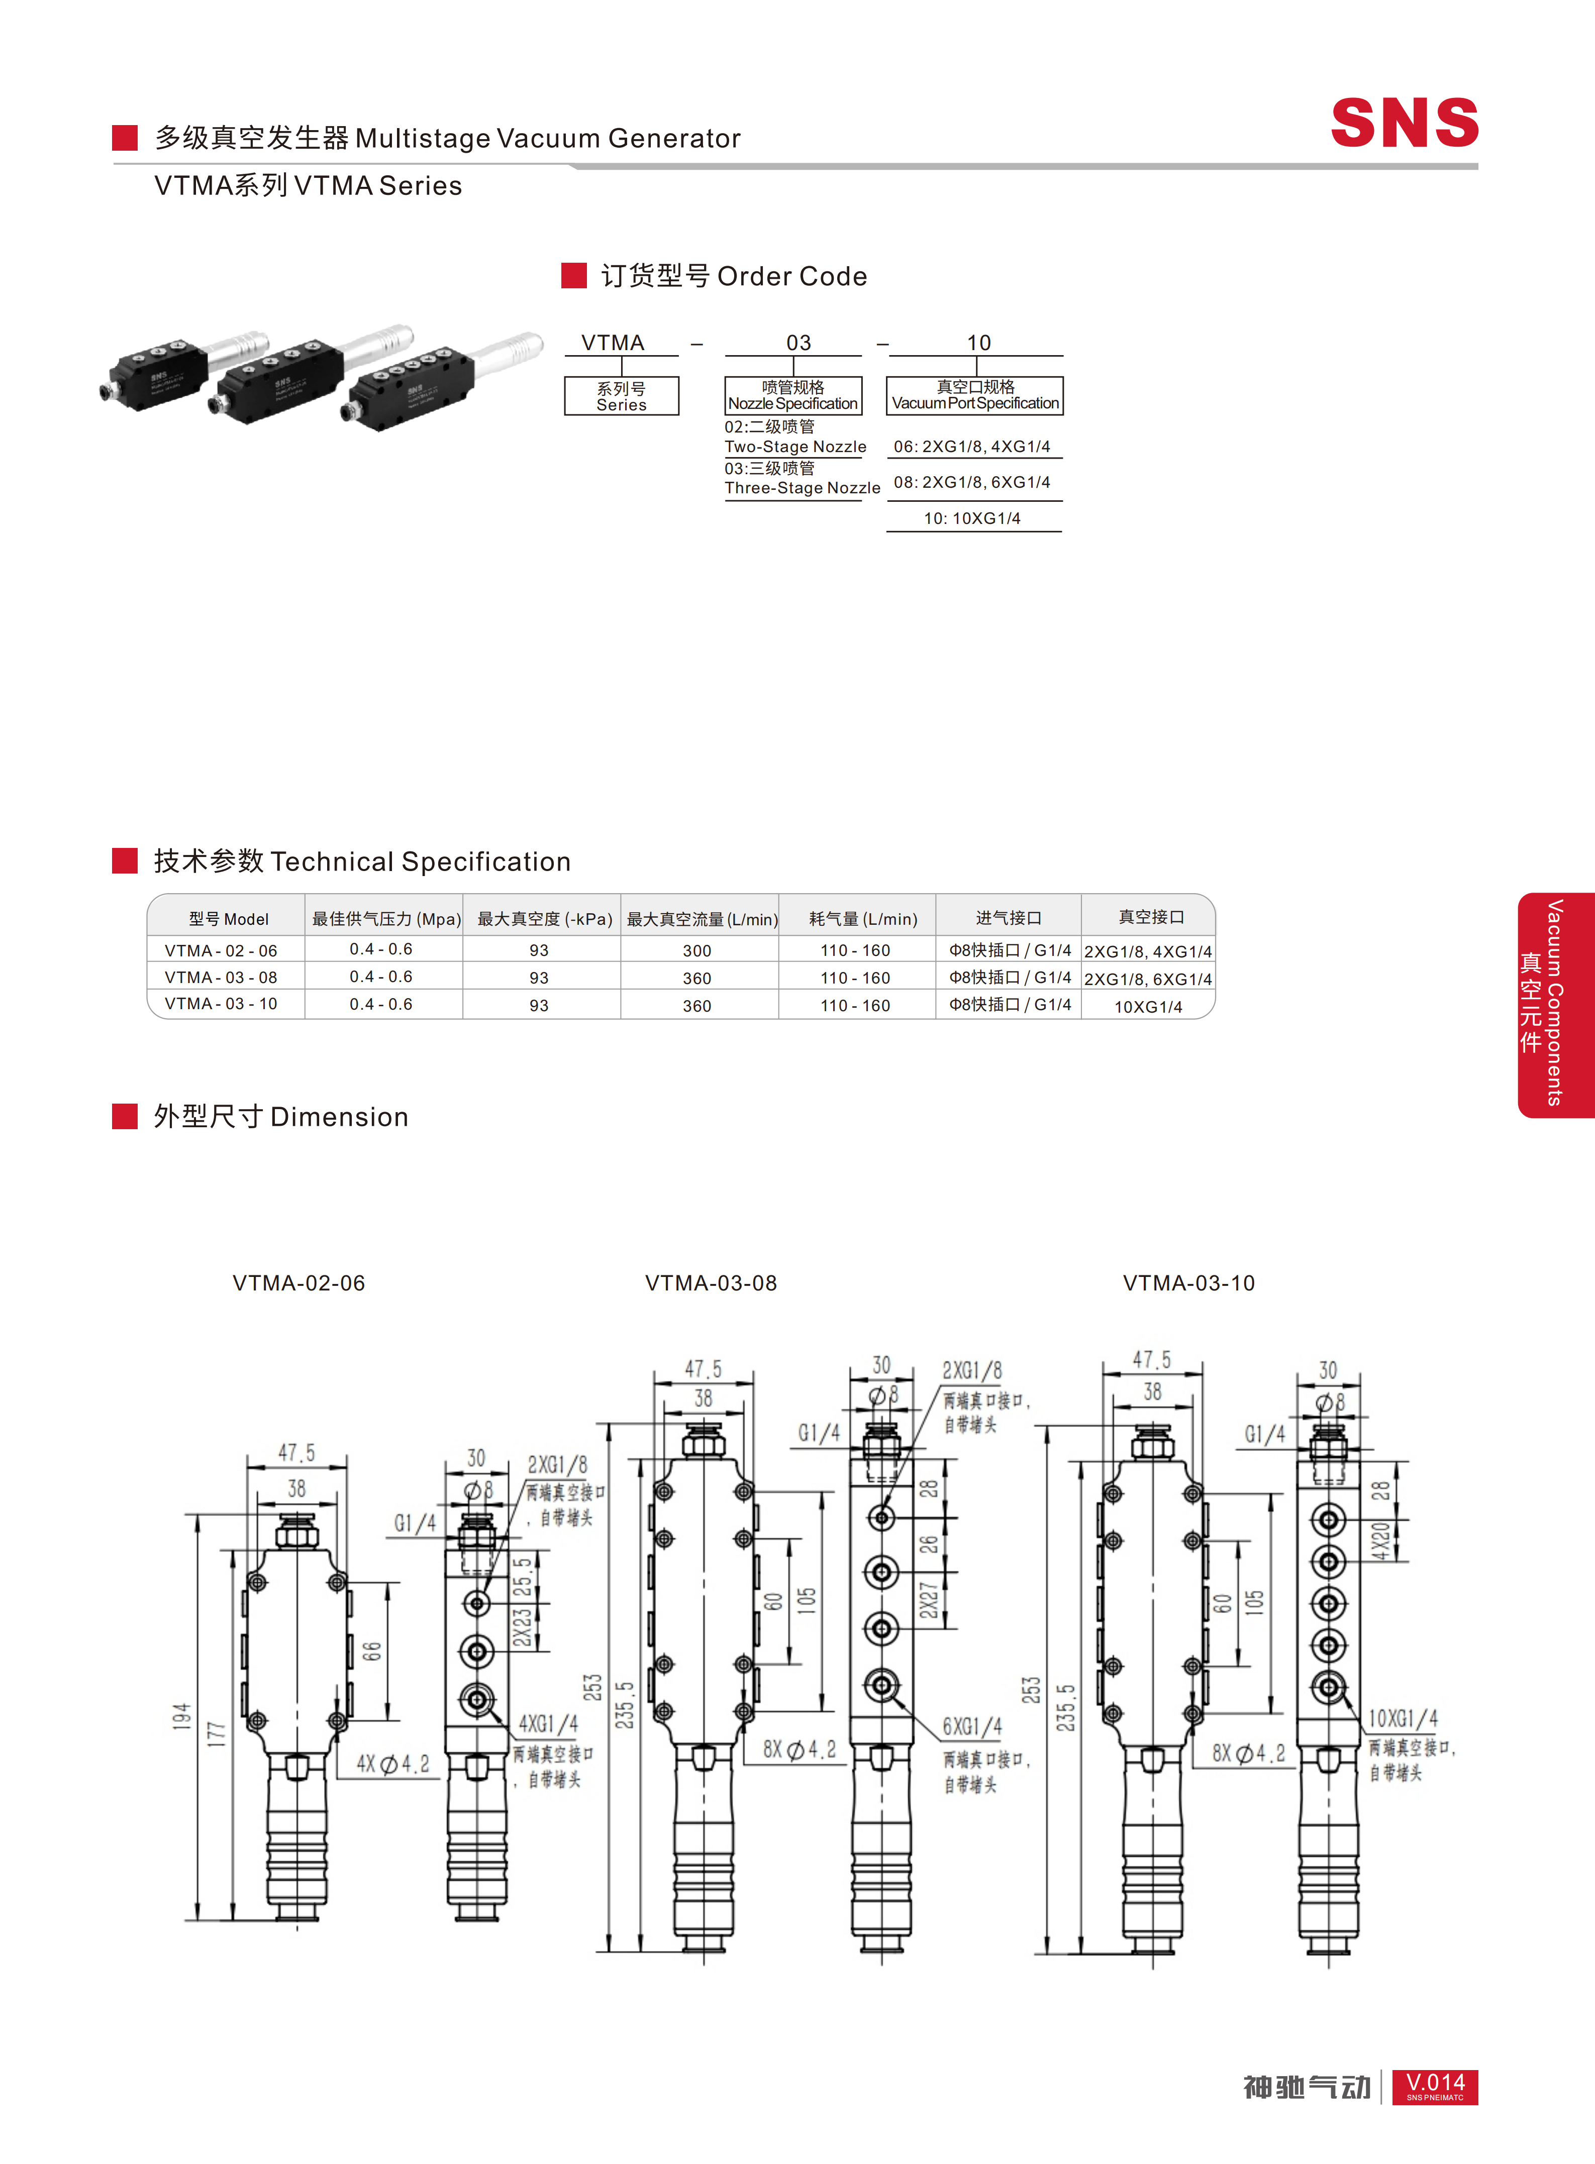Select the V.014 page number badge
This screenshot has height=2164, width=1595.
click(1435, 2087)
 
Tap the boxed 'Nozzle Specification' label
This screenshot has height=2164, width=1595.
click(792, 403)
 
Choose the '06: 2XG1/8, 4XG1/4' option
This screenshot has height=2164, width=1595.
click(972, 447)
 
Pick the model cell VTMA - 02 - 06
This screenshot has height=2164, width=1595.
click(221, 951)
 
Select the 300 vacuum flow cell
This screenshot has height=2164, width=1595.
click(697, 951)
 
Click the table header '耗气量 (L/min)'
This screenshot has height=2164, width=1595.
click(863, 919)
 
